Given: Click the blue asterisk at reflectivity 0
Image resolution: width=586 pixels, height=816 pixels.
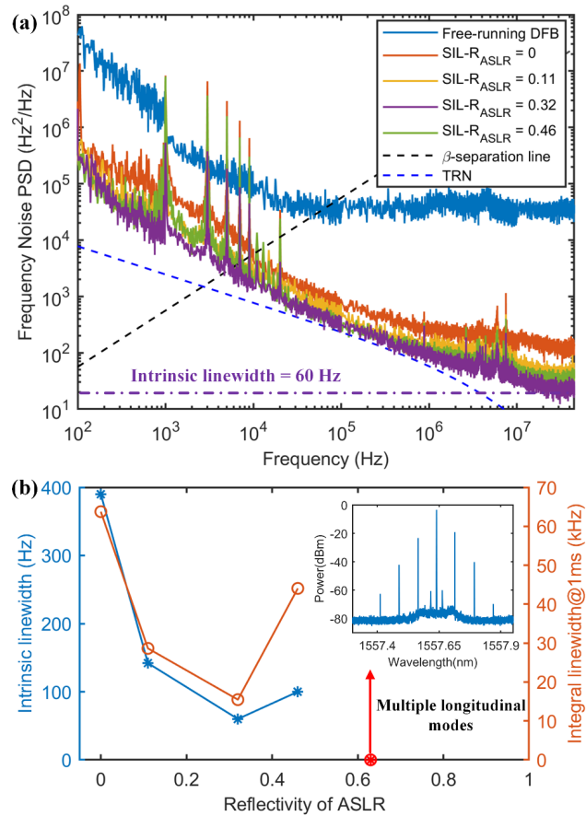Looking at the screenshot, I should (x=100, y=495).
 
